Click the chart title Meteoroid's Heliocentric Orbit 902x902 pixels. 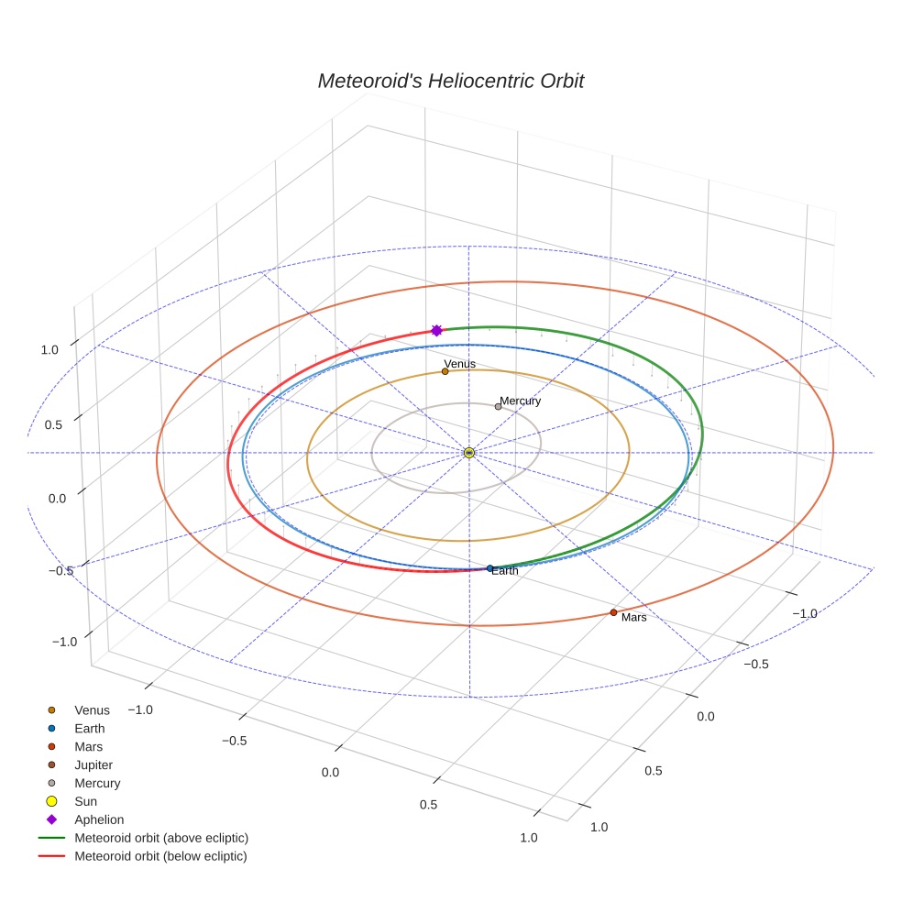[x=450, y=81]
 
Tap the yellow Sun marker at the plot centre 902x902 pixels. [x=468, y=453]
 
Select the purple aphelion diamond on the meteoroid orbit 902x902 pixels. [x=436, y=330]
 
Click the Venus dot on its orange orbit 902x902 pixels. [x=445, y=371]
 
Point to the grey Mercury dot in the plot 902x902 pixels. [x=498, y=407]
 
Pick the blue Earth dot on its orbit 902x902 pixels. [x=490, y=568]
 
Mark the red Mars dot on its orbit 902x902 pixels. [x=613, y=612]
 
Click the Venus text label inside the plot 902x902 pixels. [x=459, y=364]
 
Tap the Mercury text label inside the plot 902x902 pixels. [x=520, y=401]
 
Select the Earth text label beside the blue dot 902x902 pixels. [x=504, y=571]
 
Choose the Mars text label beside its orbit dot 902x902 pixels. [x=634, y=617]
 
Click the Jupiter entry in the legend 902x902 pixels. [x=93, y=765]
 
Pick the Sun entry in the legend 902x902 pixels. [x=86, y=801]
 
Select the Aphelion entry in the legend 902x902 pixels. [x=99, y=819]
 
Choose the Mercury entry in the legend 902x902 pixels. [x=97, y=784]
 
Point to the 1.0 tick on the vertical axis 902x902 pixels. [x=49, y=350]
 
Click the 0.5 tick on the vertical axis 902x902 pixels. [x=53, y=425]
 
